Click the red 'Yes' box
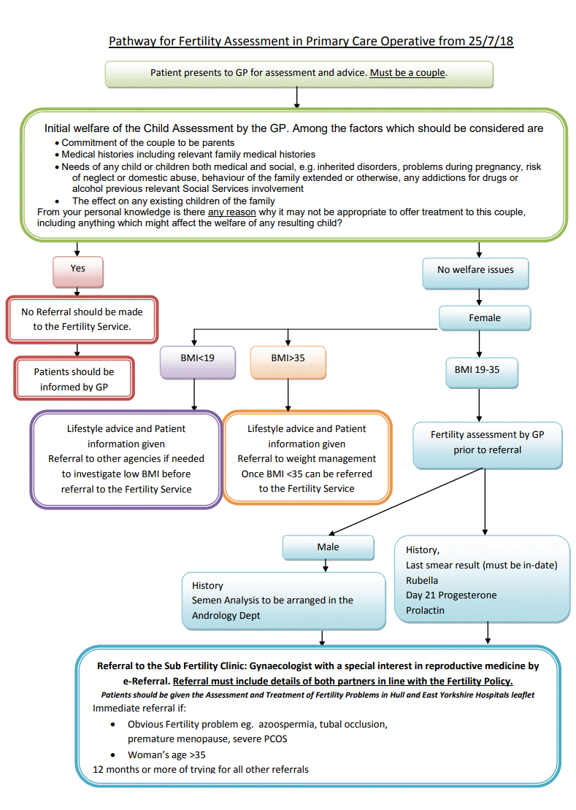pos(78,269)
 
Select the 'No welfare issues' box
pos(475,271)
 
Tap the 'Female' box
pos(485,318)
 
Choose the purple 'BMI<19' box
pos(198,359)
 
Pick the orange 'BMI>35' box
pos(288,359)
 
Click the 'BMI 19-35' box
pos(481,370)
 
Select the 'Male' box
pos(328,547)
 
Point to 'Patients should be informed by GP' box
pos(74,379)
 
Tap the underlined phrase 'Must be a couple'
pos(407,73)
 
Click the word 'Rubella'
pos(422,581)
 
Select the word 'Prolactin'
pos(425,610)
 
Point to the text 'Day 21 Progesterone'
pos(451,595)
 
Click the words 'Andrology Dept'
pos(225,615)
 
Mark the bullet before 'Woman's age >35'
pos(112,755)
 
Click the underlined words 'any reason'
pos(231,212)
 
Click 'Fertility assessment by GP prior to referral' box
pos(487,442)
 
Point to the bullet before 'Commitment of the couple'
pos(57,144)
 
